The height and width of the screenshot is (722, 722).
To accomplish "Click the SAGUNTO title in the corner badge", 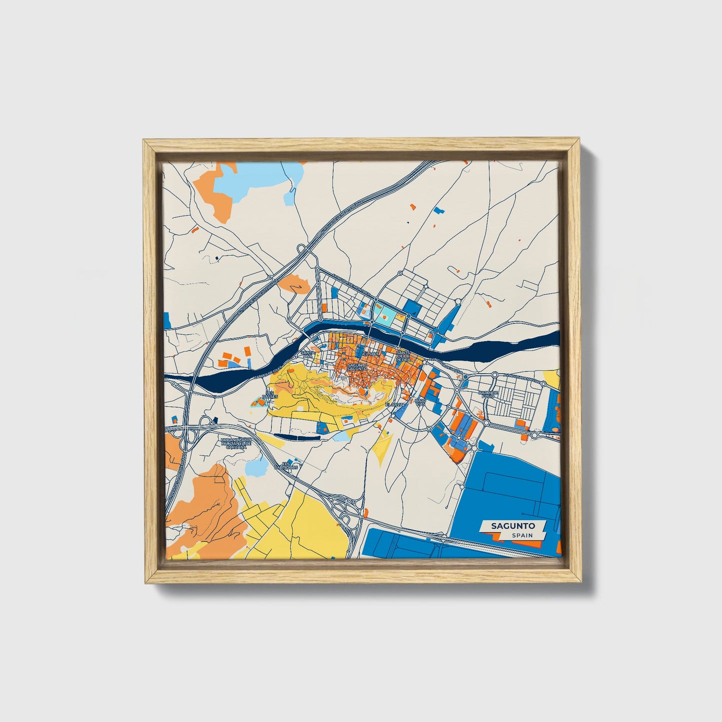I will coord(513,526).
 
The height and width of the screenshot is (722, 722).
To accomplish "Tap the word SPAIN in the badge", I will coord(522,535).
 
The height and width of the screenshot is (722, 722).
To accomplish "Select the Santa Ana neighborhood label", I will coord(309,354).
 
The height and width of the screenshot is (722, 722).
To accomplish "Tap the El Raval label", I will coord(394,404).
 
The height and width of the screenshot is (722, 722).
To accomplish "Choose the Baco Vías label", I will coord(421,401).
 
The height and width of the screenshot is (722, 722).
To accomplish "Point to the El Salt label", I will coord(371,353).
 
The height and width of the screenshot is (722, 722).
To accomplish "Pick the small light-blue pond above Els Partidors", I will coord(255,467).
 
